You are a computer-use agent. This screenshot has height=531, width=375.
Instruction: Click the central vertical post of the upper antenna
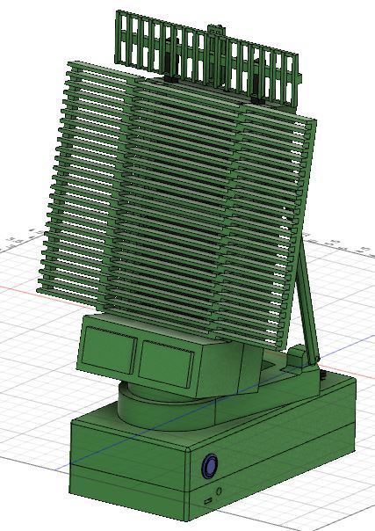coord(214,53)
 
